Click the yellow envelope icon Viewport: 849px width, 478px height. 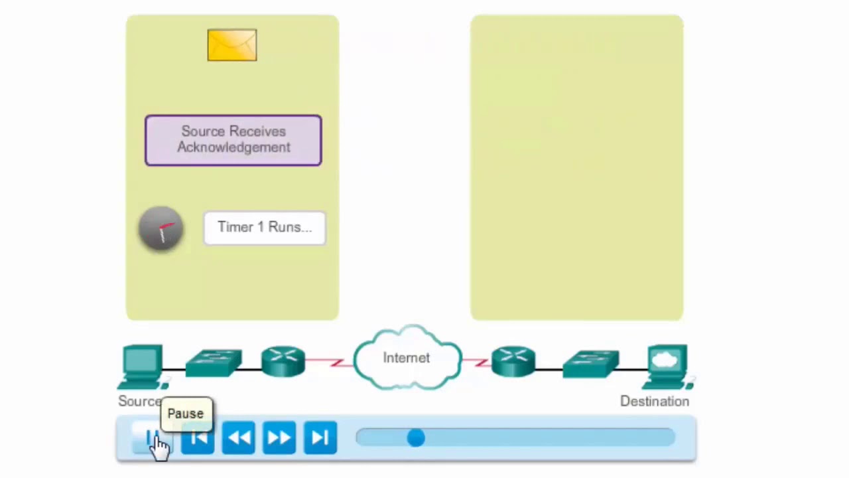point(231,45)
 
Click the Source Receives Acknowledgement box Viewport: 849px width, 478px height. point(233,140)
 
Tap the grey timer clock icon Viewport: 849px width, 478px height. point(161,229)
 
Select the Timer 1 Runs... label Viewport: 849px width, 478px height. point(264,228)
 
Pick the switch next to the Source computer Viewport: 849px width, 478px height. point(214,363)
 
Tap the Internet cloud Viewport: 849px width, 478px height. point(407,358)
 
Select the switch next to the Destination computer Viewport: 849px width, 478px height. point(590,364)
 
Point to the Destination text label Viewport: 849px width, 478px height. point(654,401)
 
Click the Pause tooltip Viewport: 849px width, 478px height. point(186,414)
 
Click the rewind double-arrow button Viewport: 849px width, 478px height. point(238,438)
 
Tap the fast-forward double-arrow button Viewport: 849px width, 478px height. point(279,438)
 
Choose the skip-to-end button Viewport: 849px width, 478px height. point(320,438)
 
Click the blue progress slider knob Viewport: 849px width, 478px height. point(416,438)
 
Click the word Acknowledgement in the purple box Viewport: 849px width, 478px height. point(233,147)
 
